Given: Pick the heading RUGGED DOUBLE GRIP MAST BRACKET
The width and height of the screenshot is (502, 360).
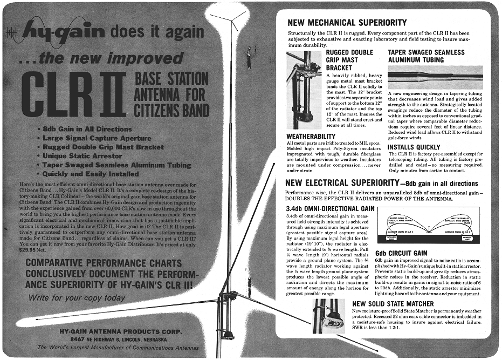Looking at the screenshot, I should (349, 60).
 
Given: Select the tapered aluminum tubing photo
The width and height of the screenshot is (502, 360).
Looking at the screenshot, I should (435, 77).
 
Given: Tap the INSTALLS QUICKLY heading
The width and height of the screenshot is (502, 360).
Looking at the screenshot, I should (422, 147).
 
